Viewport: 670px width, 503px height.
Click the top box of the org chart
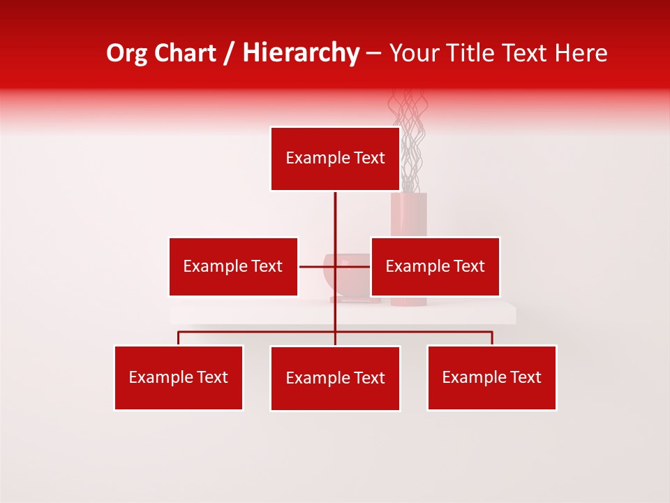point(335,159)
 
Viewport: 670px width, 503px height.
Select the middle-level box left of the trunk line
point(233,266)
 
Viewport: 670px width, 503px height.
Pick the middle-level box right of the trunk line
point(435,266)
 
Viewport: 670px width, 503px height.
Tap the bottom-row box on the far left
point(179,377)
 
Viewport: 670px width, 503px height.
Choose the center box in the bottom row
point(335,378)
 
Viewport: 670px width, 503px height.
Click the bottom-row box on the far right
point(491,377)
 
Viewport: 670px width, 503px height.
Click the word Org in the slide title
point(127,53)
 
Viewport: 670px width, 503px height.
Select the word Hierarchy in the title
point(300,53)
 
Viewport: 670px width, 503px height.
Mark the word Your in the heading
point(415,53)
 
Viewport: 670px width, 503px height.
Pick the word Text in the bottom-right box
point(526,377)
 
